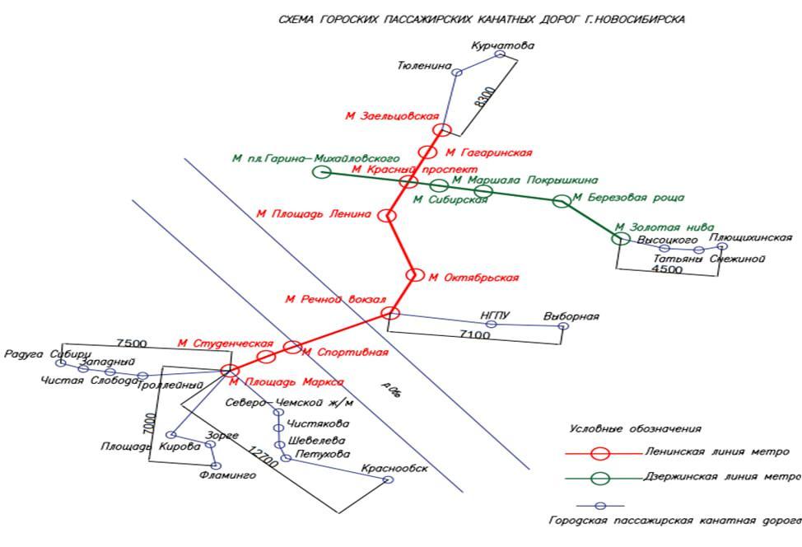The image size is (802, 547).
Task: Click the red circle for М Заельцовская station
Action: [x=442, y=129]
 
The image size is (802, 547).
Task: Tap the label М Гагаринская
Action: [x=488, y=152]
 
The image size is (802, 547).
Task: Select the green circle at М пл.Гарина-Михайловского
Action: [x=323, y=171]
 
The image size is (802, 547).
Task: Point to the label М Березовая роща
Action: [x=628, y=198]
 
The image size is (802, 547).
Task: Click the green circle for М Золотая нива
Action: [x=620, y=239]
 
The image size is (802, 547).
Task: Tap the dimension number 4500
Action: [x=666, y=269]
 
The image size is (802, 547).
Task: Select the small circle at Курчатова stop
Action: [x=500, y=54]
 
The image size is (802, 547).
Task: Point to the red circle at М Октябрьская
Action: [x=415, y=276]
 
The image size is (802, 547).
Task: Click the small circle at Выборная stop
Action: [x=563, y=326]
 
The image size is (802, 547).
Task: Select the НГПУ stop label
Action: [x=497, y=315]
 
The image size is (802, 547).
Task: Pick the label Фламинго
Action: [x=227, y=476]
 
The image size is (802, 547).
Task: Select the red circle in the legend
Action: [x=601, y=452]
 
